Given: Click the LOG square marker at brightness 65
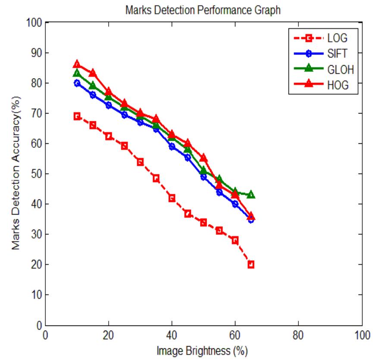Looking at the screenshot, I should (251, 264).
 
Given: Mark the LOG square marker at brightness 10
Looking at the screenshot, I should (77, 116).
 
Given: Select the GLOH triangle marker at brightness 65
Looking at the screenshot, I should (251, 195).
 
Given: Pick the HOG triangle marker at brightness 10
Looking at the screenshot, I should (77, 64).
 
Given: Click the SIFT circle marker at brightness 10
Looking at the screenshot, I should (77, 83).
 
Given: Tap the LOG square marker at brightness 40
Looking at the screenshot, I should (172, 198).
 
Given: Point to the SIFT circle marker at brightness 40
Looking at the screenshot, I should (172, 147).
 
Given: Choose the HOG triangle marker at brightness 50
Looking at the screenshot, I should (204, 158).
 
